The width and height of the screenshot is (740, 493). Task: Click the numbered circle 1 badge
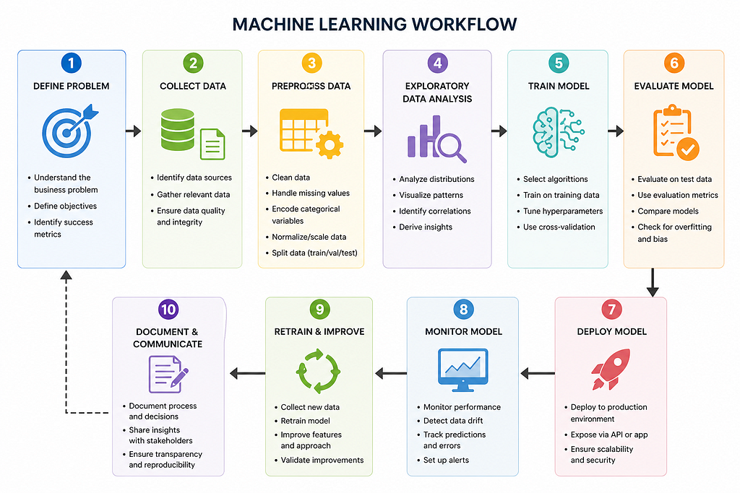pyautogui.click(x=71, y=63)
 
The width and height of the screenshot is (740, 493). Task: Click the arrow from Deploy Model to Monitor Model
pyautogui.click(x=537, y=373)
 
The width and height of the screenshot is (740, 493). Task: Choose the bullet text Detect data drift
pyautogui.click(x=453, y=421)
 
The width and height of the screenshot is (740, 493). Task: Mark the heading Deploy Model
pyautogui.click(x=611, y=331)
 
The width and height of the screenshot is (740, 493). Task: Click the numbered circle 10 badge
pyautogui.click(x=168, y=309)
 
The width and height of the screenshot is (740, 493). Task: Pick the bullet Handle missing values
pyautogui.click(x=311, y=193)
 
